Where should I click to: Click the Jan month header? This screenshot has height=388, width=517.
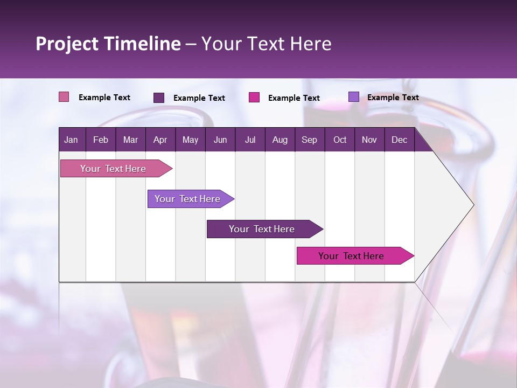point(71,140)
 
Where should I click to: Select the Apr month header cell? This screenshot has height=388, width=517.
point(160,140)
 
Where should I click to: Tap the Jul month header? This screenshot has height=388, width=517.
point(250,140)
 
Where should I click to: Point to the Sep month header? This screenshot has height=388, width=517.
point(309,140)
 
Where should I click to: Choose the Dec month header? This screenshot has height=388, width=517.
point(399,140)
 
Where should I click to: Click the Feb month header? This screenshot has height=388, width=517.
point(101,140)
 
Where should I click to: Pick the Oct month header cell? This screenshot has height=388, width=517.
point(340,140)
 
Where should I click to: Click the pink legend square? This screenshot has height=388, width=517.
point(64,97)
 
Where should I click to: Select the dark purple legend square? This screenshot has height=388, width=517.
point(159,98)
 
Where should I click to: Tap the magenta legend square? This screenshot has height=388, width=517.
point(254,98)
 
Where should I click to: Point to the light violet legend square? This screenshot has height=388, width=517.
point(353,97)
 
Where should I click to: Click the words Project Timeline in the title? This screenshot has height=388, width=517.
point(108,44)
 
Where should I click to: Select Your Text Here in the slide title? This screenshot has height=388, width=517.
point(266,44)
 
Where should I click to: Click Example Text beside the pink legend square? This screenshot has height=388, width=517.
point(104,98)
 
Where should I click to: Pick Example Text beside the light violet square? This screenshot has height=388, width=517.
point(393,98)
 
